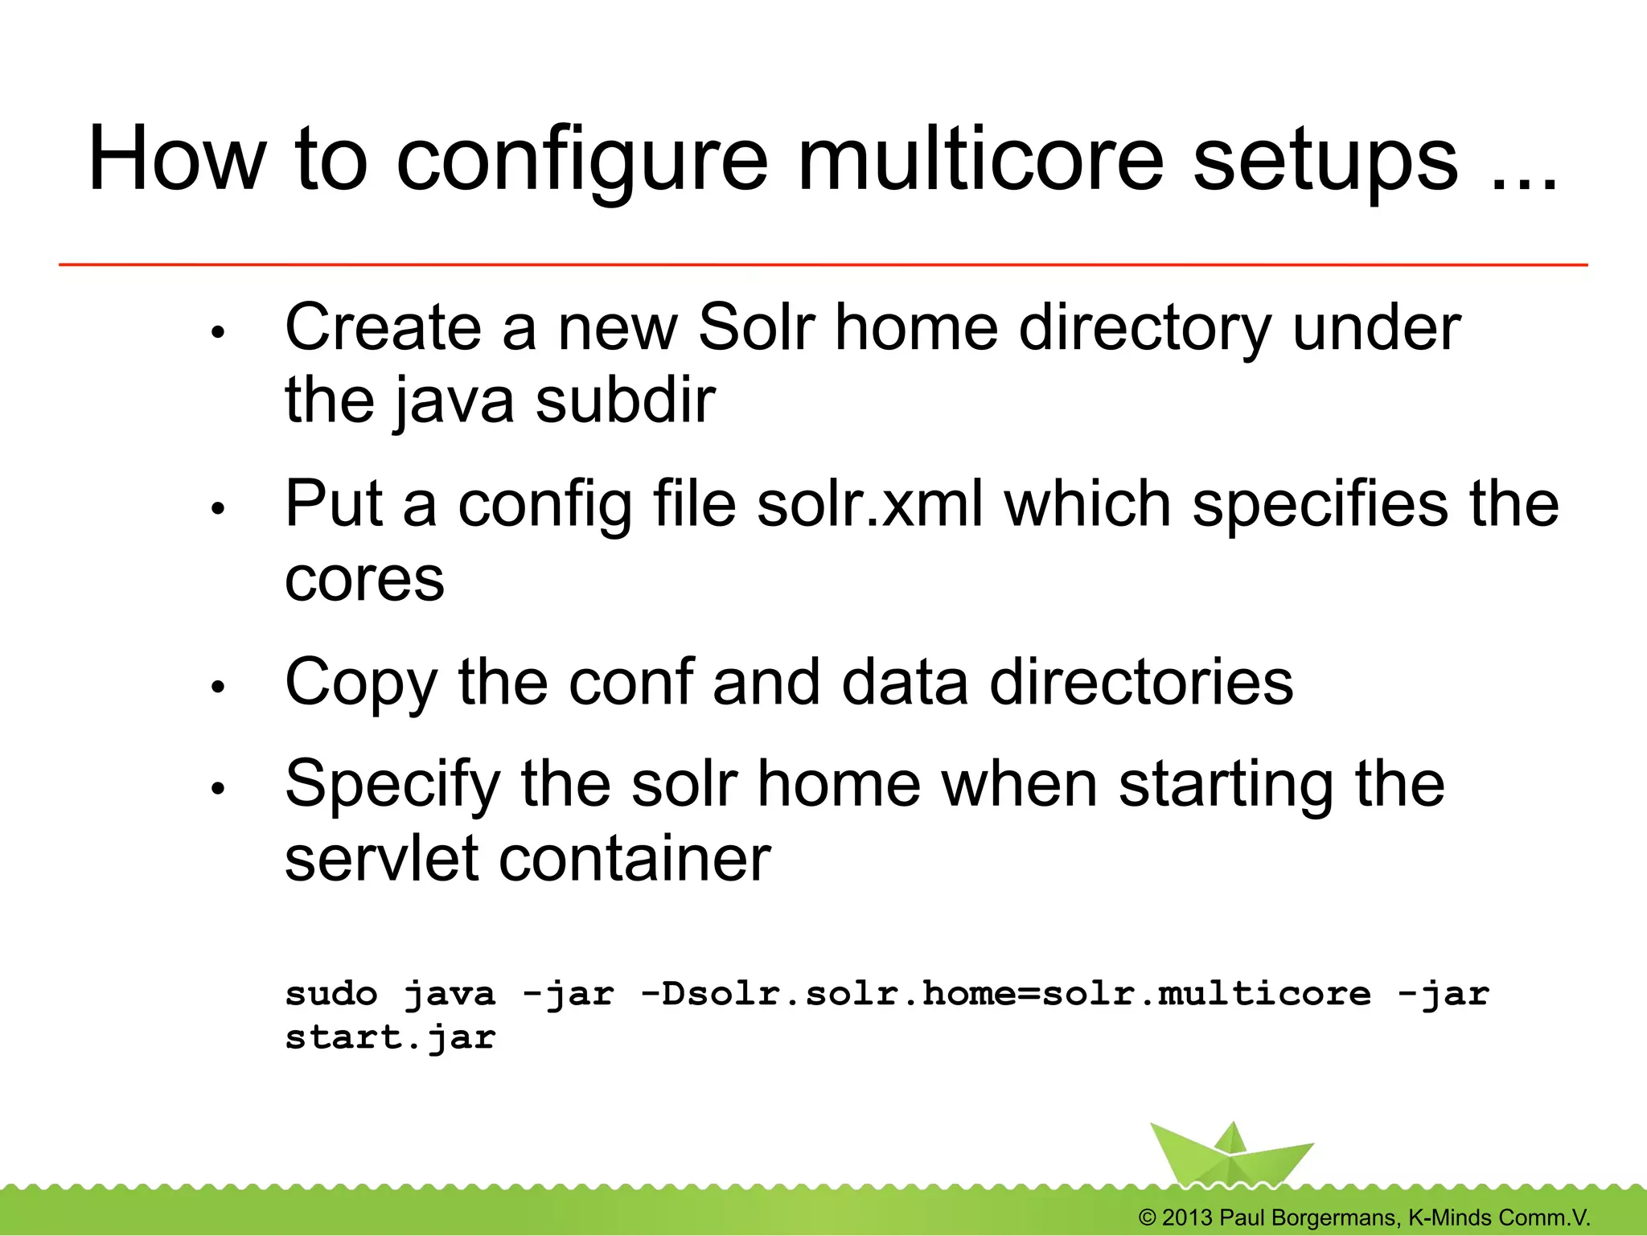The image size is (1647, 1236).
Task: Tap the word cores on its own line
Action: click(x=364, y=580)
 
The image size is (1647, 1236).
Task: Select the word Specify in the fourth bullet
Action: click(x=392, y=785)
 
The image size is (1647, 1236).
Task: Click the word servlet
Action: click(x=381, y=859)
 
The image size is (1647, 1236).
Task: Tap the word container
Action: click(x=635, y=859)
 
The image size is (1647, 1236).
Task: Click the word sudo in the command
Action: click(x=331, y=995)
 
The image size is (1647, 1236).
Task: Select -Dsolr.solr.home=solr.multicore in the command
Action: click(x=1005, y=995)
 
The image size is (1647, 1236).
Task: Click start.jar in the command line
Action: click(x=390, y=1038)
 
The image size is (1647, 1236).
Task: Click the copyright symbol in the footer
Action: click(x=1148, y=1218)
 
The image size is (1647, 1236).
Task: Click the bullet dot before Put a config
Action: click(x=217, y=508)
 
